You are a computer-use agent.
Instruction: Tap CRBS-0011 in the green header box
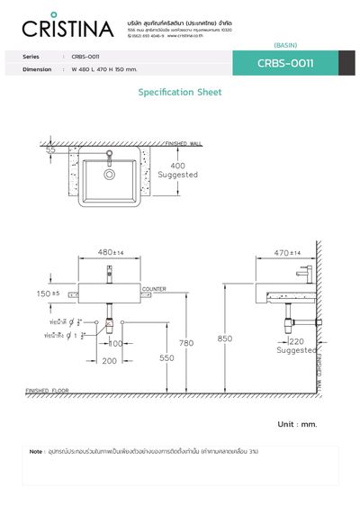click(x=284, y=63)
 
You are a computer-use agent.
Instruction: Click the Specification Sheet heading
click(x=179, y=92)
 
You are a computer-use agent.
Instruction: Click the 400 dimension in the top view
click(x=177, y=166)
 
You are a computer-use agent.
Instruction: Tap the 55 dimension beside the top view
click(x=50, y=151)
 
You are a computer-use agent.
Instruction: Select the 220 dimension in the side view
click(x=296, y=341)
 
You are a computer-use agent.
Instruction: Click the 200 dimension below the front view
click(x=109, y=360)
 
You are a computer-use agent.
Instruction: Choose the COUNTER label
click(x=154, y=289)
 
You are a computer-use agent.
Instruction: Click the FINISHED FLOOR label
click(x=48, y=391)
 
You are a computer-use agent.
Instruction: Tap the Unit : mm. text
click(x=296, y=423)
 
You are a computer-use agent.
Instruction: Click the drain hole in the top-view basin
click(x=109, y=175)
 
